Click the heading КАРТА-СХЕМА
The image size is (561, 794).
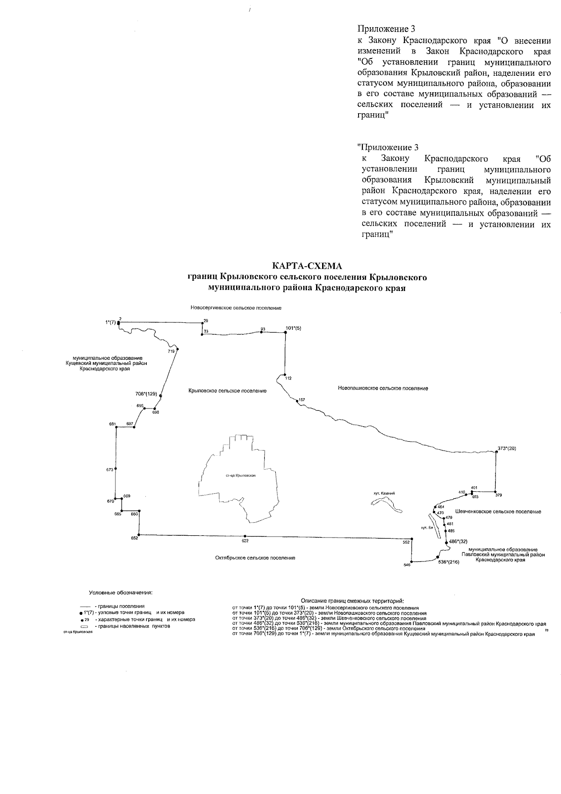tap(307, 266)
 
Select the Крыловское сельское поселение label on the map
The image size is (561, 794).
tap(228, 391)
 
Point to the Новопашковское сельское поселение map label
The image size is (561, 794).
tap(383, 388)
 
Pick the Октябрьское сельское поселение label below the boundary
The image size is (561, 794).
tap(255, 558)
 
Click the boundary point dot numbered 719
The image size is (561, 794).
tap(178, 349)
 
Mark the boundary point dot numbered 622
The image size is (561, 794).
tap(245, 536)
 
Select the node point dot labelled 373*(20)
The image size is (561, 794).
tap(496, 452)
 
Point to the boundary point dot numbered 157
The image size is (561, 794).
tap(297, 400)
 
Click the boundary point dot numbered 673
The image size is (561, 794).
tap(115, 469)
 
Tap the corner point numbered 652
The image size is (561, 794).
tap(139, 534)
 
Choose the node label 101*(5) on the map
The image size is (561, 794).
tap(293, 328)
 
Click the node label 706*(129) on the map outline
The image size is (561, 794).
tap(146, 394)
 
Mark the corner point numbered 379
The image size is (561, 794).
tap(496, 492)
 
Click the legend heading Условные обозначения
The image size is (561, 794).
tap(121, 593)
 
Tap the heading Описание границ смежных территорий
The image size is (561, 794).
tap(352, 600)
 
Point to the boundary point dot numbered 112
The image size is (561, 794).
tap(285, 375)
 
